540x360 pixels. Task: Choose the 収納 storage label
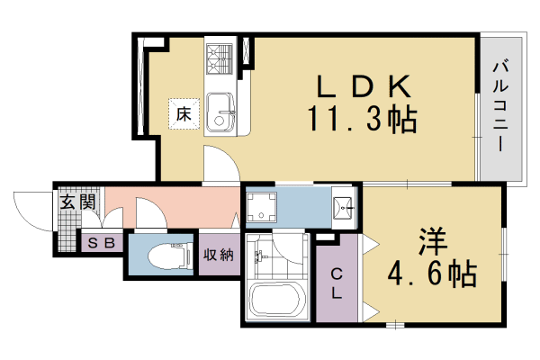(x=218, y=255)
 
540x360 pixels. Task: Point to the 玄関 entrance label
(x=77, y=202)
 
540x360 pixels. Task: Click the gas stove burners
(x=220, y=59)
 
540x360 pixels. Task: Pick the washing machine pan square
(x=265, y=210)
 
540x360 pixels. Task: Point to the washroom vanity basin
(x=342, y=208)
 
